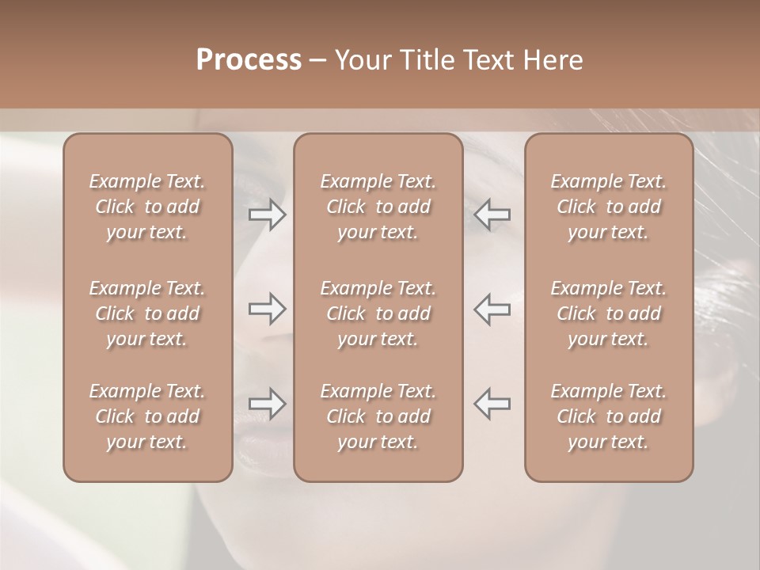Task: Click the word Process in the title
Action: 249,59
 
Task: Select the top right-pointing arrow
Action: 268,215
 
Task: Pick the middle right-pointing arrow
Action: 268,309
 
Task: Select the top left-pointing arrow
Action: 492,215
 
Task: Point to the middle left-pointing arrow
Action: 492,309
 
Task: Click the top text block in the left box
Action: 147,207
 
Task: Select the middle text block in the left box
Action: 147,313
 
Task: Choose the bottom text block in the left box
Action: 147,416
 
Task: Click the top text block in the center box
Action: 378,207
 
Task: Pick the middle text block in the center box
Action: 378,313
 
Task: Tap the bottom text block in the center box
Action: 378,416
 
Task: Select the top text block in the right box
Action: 608,207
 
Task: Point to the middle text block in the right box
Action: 608,313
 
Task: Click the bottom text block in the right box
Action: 608,416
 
